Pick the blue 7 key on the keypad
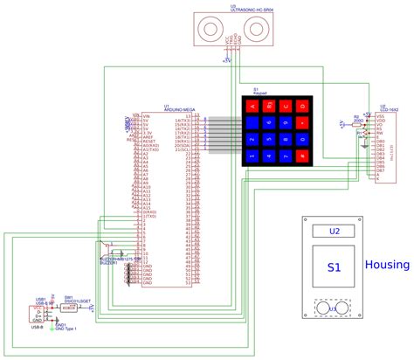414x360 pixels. point(252,141)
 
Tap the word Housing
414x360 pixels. point(387,265)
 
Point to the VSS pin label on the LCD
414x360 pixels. point(381,115)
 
